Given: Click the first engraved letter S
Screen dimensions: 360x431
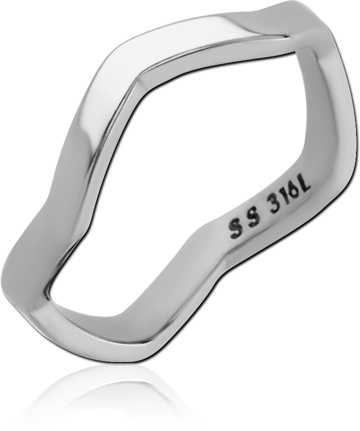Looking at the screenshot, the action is coord(235,232).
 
